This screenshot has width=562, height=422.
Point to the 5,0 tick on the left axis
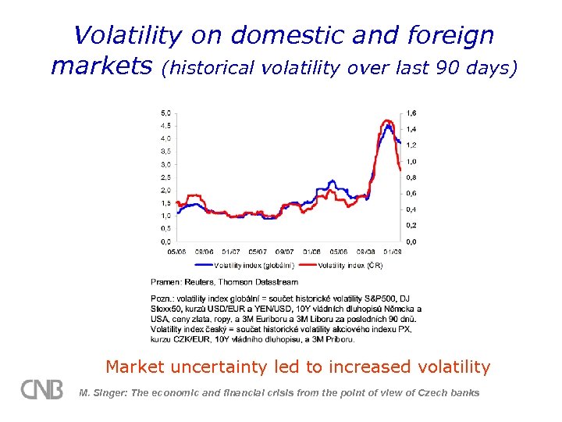[166, 113]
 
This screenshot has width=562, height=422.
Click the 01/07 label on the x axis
[230, 252]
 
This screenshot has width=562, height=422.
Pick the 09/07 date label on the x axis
[285, 252]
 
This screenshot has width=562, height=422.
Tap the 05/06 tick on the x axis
[176, 252]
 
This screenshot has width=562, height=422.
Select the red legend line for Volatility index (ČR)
[307, 265]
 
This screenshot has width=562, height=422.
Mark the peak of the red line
[387, 120]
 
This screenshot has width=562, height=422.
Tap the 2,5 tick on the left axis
[166, 177]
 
